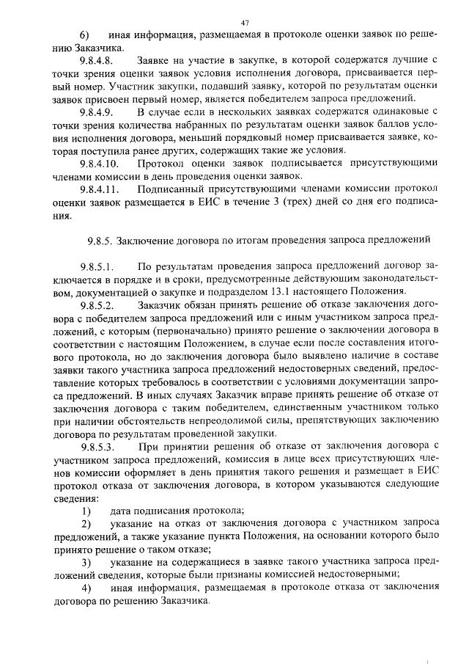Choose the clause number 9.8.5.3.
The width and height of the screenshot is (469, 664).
point(97,446)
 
